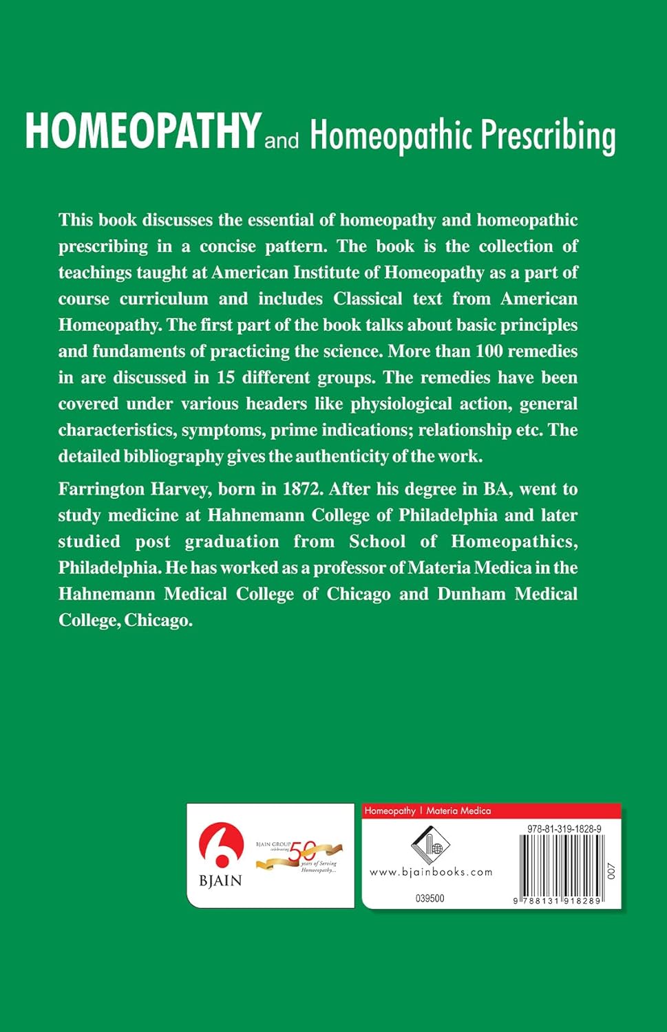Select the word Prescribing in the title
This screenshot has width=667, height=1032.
pos(548,135)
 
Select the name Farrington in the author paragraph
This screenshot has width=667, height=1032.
pos(101,489)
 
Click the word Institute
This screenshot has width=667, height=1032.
pos(326,272)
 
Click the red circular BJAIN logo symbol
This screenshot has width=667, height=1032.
pos(220,848)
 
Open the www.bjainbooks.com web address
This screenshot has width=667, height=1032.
pos(431,872)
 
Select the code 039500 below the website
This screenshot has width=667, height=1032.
pos(430,899)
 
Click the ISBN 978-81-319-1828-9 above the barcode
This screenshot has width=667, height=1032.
pos(564,829)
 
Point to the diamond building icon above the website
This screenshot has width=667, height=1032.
pos(430,843)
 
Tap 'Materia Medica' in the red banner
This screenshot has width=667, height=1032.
pos(458,811)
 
